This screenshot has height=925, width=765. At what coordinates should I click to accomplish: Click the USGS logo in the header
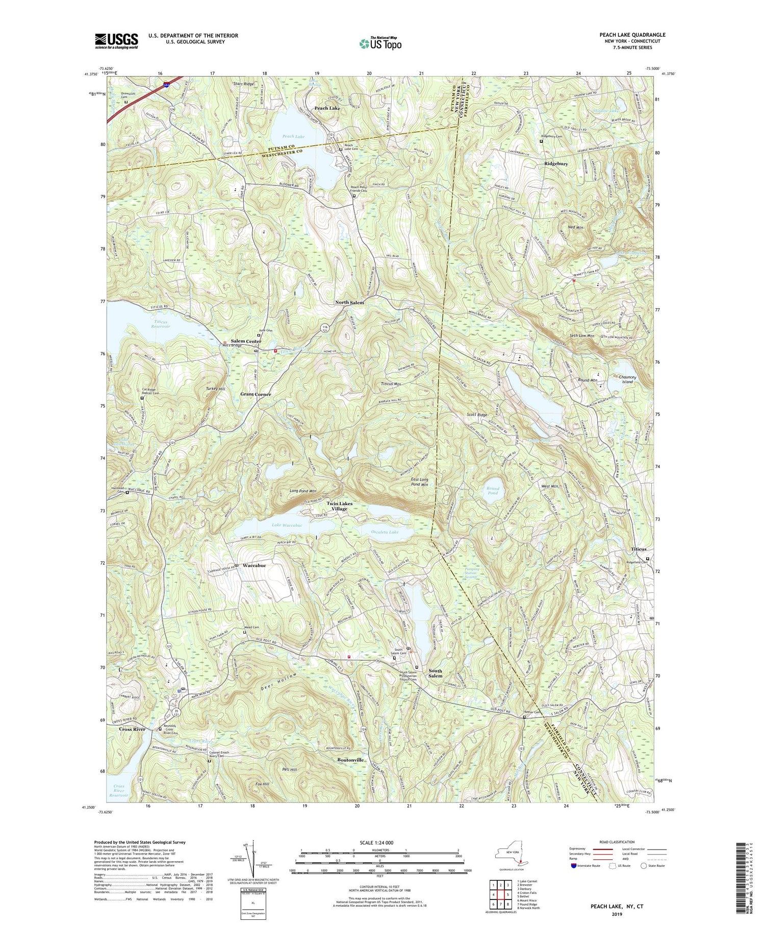(116, 41)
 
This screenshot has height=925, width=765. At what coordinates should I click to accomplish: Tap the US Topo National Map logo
(379, 43)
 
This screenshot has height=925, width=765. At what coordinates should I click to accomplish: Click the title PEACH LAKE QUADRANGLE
(632, 35)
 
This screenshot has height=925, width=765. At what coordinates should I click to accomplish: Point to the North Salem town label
(349, 303)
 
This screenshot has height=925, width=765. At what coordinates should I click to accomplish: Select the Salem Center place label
(246, 341)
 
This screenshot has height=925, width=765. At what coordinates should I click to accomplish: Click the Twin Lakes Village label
(340, 506)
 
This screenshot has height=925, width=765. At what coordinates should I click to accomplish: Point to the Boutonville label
(350, 760)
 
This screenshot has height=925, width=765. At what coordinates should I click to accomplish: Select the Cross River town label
(132, 729)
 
